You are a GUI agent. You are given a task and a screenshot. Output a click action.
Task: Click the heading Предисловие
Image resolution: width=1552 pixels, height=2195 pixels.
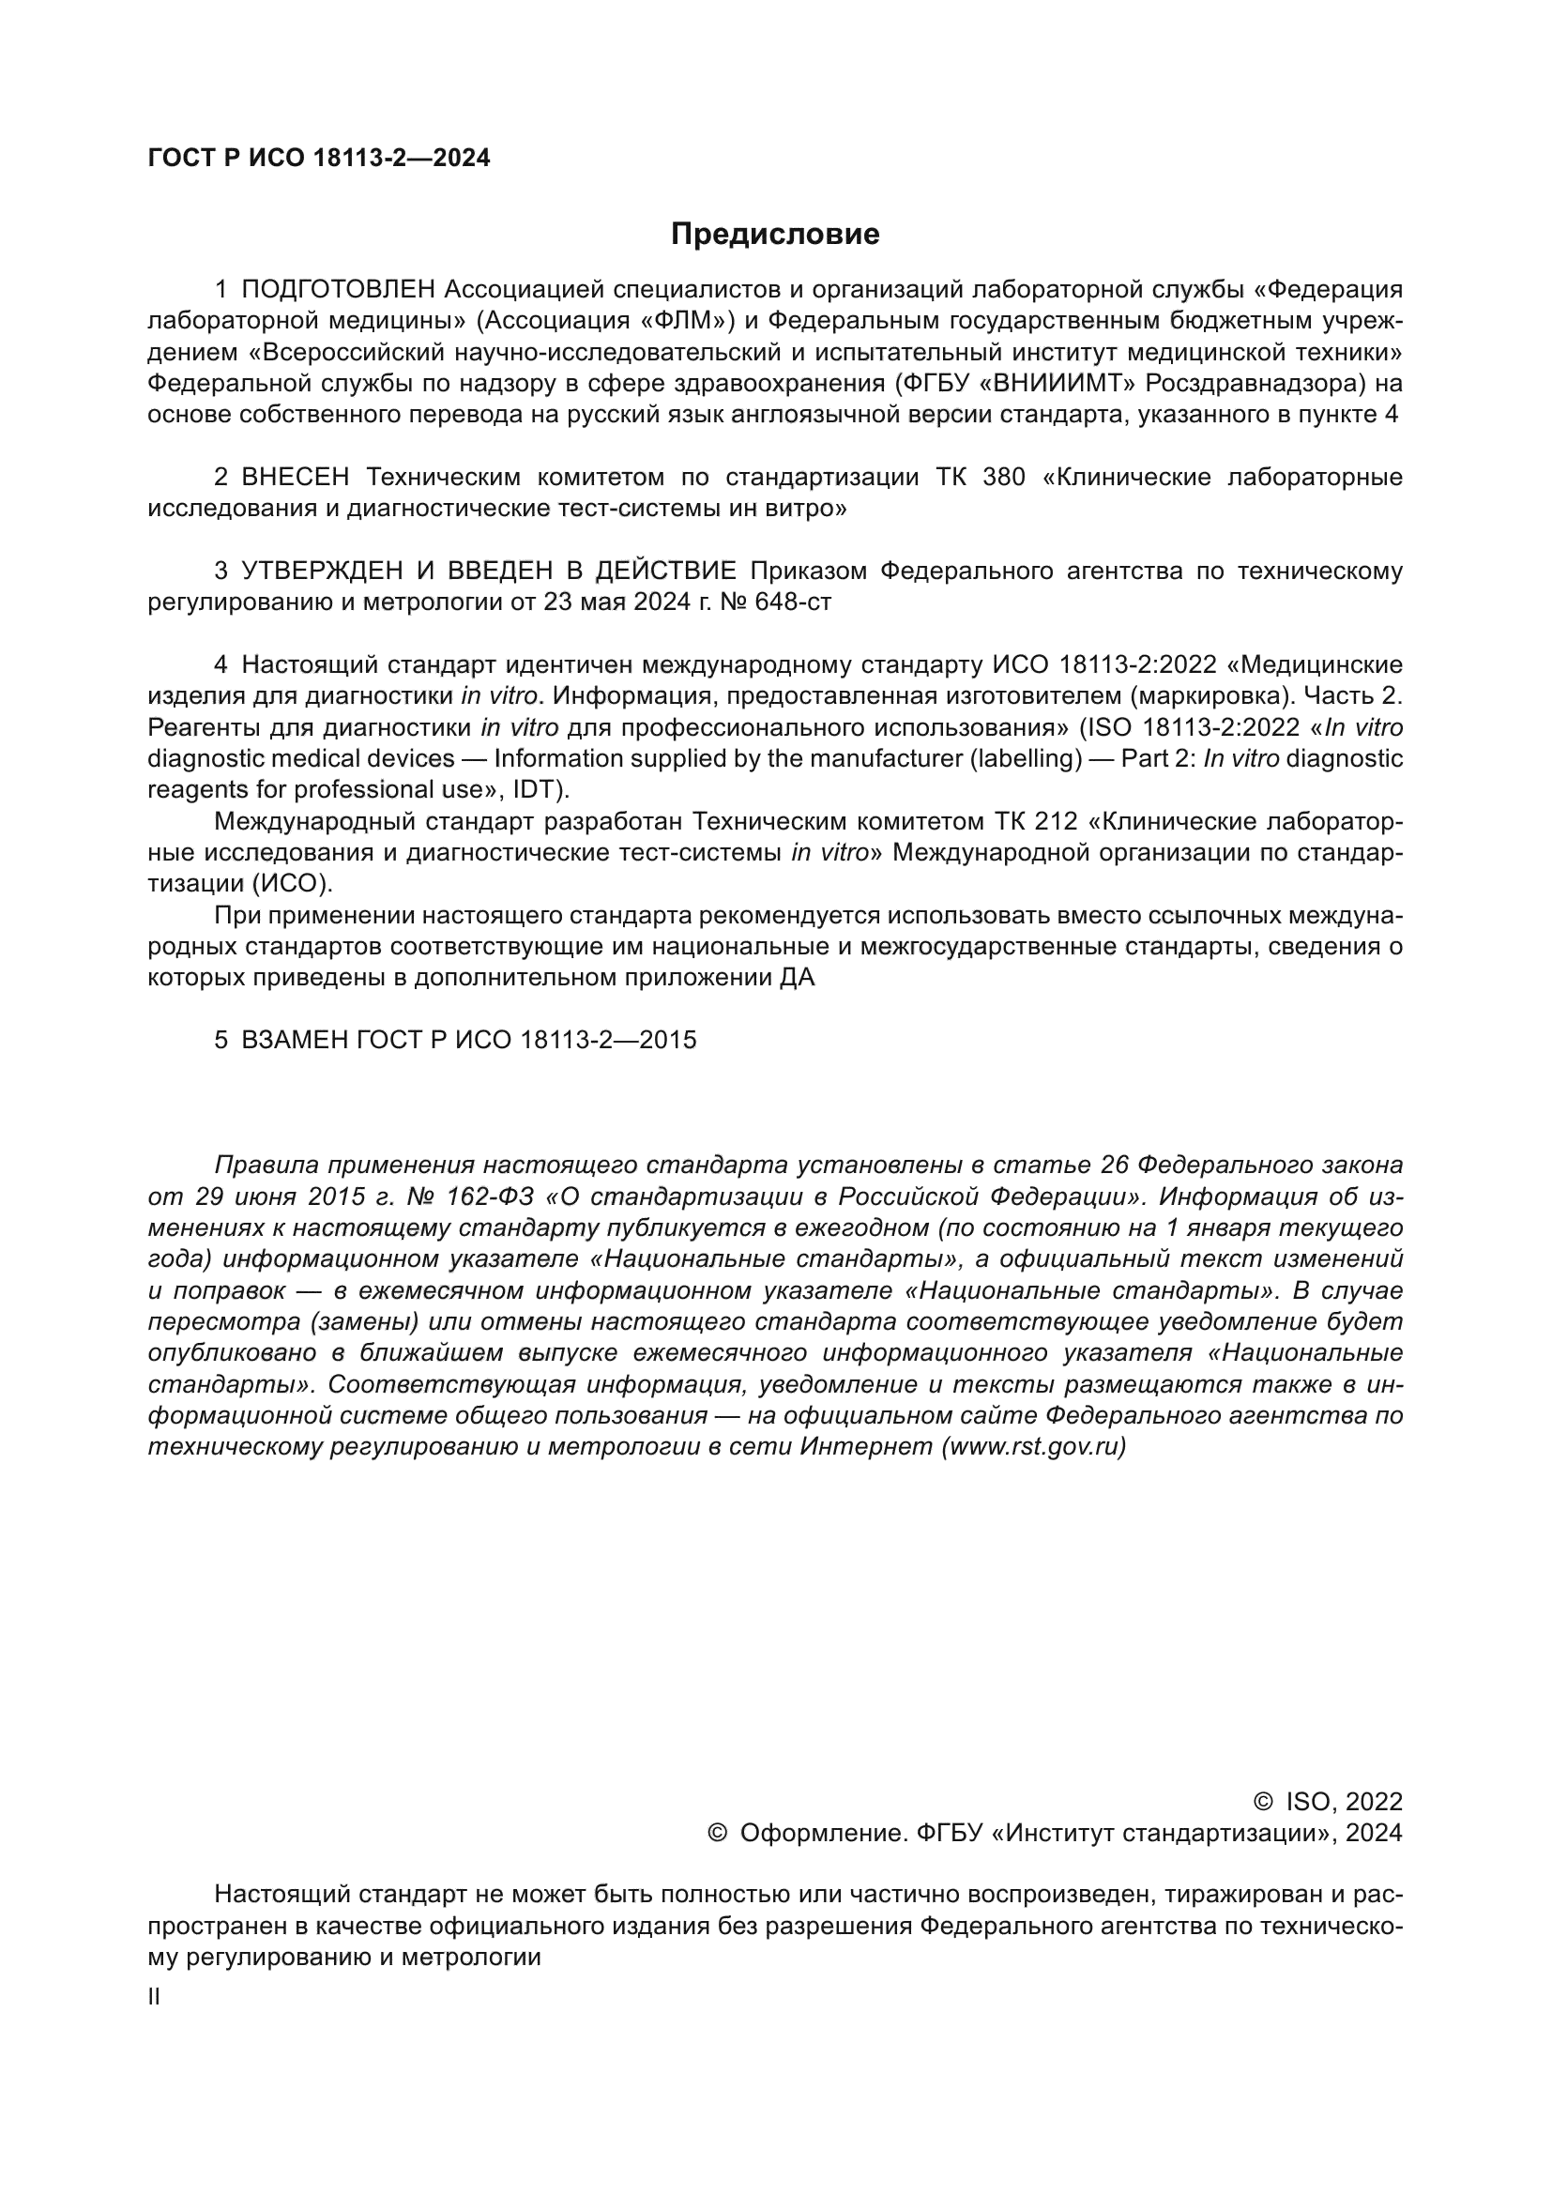(x=774, y=235)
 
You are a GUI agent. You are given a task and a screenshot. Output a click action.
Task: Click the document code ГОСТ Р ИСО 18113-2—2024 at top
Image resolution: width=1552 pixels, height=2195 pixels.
(x=319, y=159)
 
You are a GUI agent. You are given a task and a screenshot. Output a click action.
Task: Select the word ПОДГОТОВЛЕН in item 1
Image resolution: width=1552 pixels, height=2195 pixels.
(x=339, y=290)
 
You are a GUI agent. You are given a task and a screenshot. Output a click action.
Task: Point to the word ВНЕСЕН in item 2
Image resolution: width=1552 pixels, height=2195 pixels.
(x=296, y=477)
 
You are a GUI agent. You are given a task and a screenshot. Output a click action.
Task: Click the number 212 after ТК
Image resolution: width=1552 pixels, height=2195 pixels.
(x=1056, y=821)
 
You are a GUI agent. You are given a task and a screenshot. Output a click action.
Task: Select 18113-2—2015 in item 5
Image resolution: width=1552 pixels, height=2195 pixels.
(x=608, y=1040)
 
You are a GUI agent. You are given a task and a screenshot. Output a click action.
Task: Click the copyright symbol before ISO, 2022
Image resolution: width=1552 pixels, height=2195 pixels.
(x=1262, y=1803)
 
